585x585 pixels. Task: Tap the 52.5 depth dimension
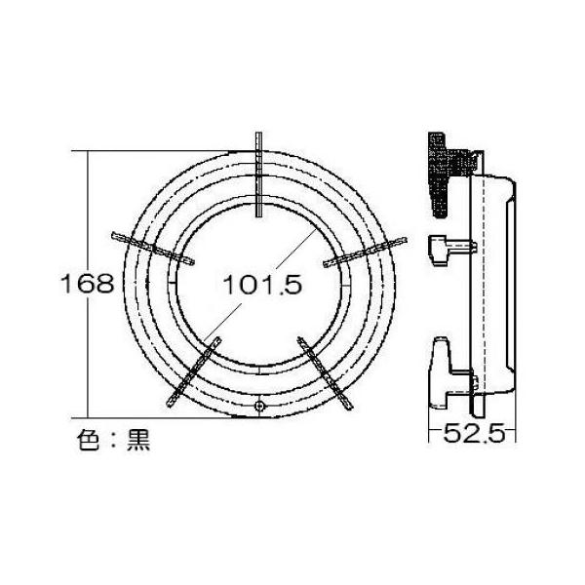click(x=473, y=435)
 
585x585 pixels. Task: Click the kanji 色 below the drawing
click(x=91, y=439)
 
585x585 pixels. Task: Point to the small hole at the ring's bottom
click(x=258, y=406)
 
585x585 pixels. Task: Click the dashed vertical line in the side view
click(x=478, y=292)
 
